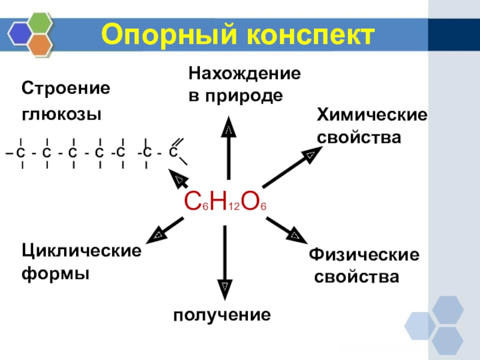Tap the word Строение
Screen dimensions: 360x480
pyautogui.click(x=67, y=89)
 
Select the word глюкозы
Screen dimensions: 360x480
pyautogui.click(x=62, y=114)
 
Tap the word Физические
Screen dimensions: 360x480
pyautogui.click(x=364, y=254)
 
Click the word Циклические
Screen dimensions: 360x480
pyautogui.click(x=82, y=250)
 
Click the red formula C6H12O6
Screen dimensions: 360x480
pyautogui.click(x=225, y=204)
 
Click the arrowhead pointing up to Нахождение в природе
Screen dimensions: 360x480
pyautogui.click(x=229, y=128)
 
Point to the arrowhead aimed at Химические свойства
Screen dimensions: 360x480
pyautogui.click(x=309, y=155)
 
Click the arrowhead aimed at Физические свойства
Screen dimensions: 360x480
pyautogui.click(x=295, y=234)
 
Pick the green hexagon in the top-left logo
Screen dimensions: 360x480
pyautogui.click(x=40, y=23)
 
